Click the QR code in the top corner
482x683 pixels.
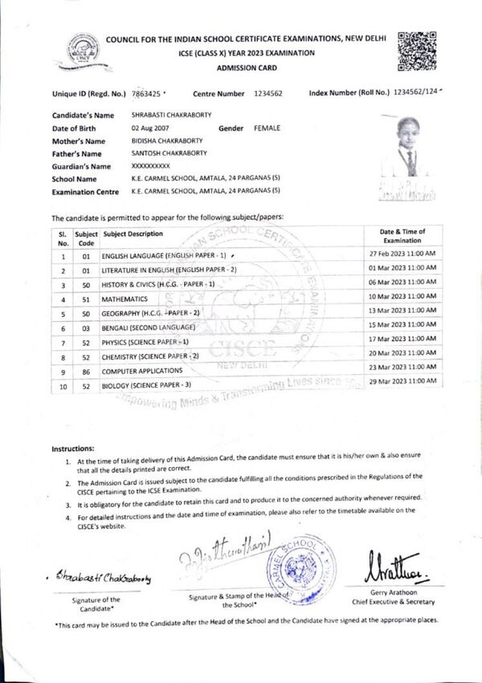(417, 48)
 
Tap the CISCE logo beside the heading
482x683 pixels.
(84, 50)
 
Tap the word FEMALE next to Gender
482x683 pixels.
(268, 128)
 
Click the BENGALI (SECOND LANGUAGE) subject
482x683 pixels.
(149, 328)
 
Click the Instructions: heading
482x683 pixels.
(73, 448)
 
